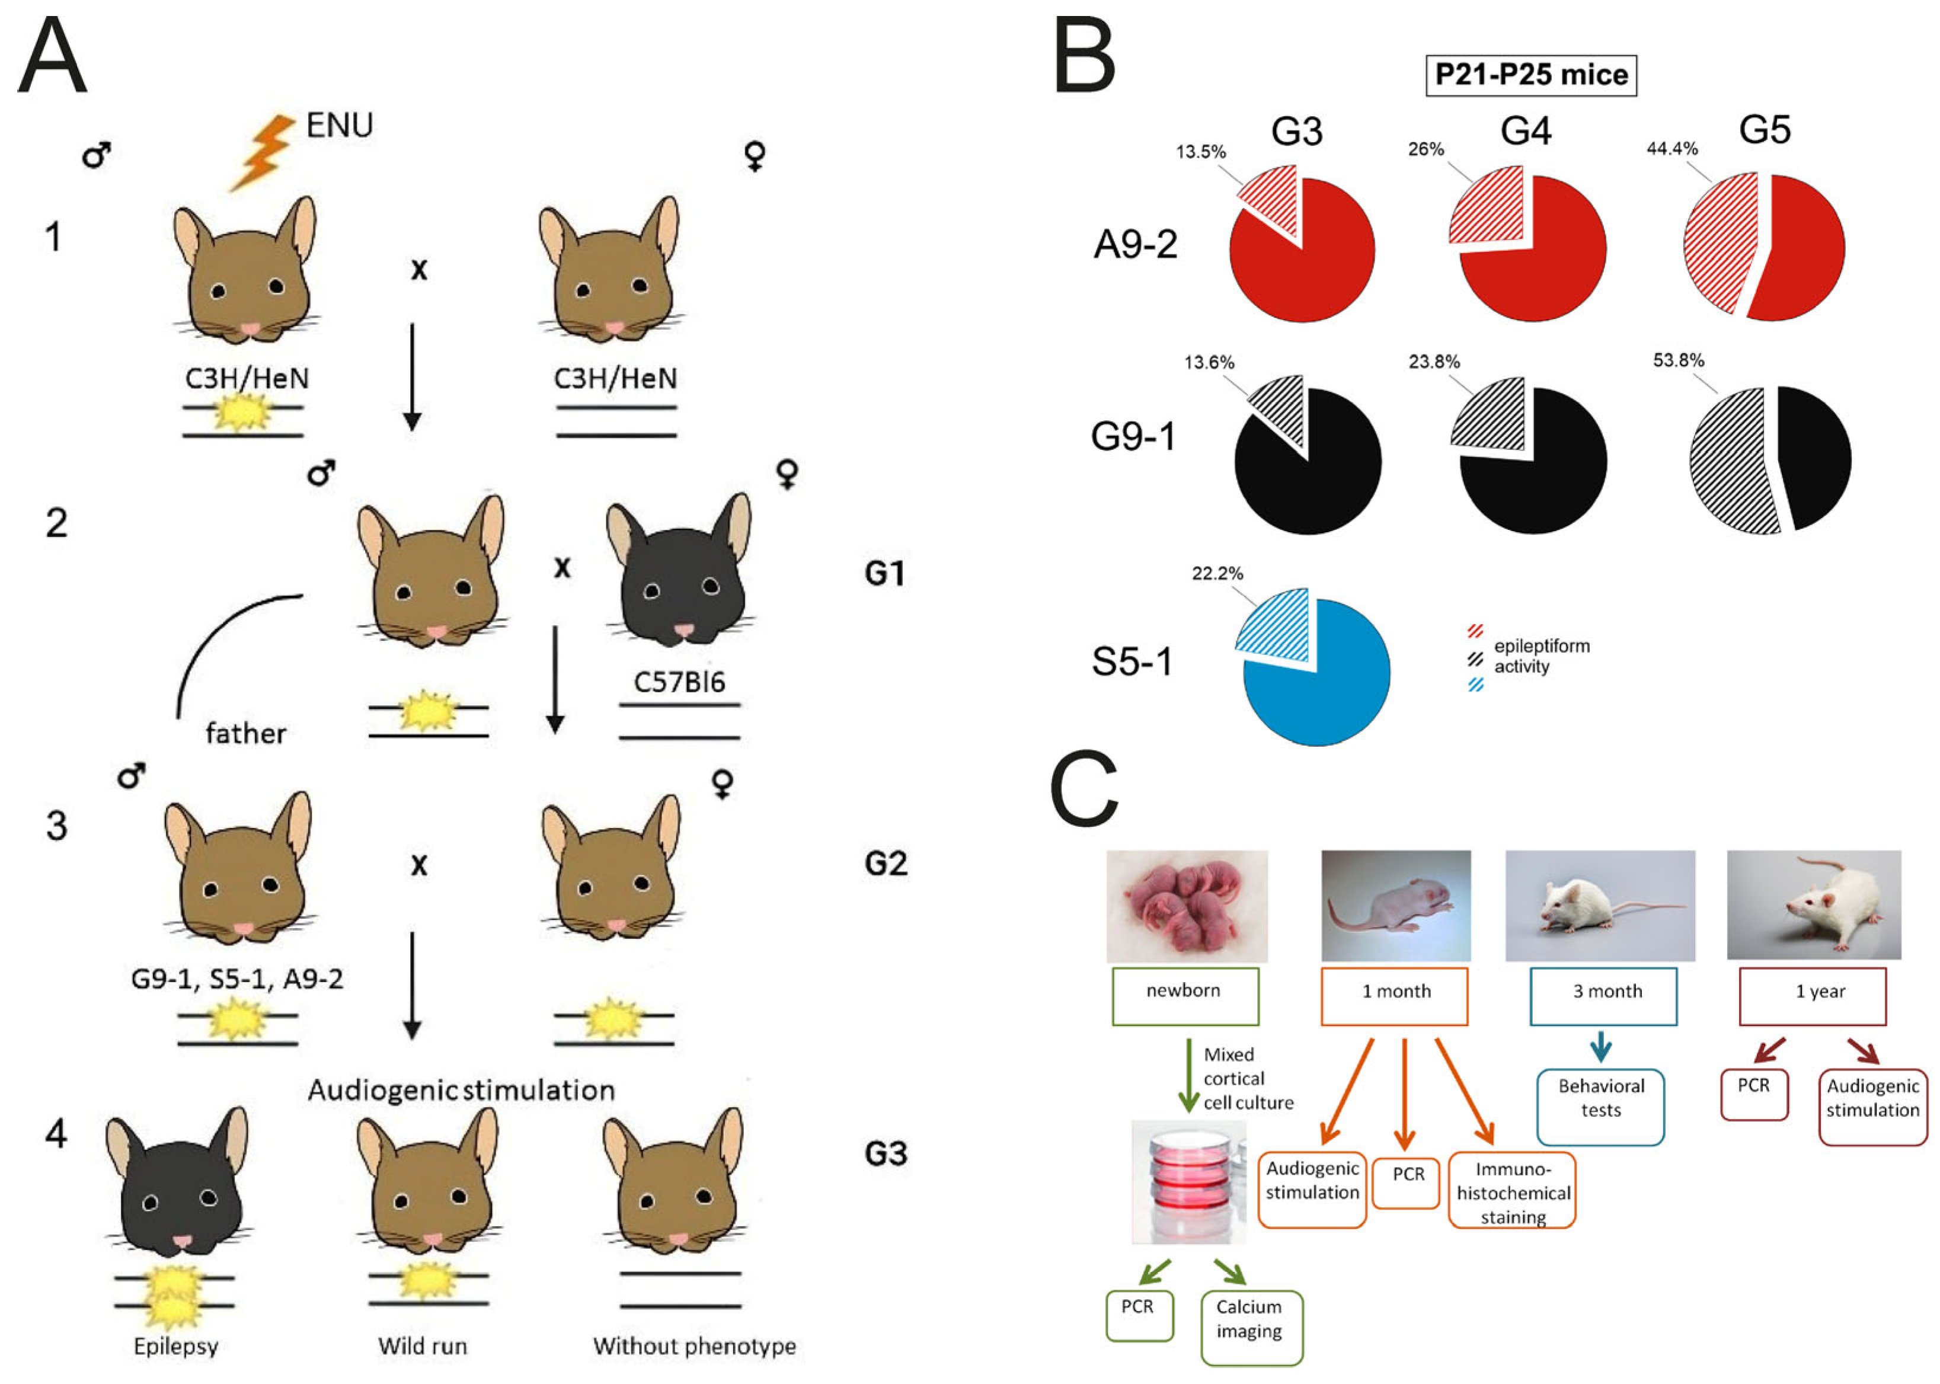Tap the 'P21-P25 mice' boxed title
(x=1531, y=75)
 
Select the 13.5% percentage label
(x=1200, y=152)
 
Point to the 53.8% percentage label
(x=1677, y=360)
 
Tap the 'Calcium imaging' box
(x=1251, y=1327)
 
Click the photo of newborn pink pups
(x=1186, y=906)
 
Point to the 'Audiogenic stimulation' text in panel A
(x=461, y=1091)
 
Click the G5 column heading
(x=1765, y=130)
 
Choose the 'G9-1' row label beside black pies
(x=1133, y=436)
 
